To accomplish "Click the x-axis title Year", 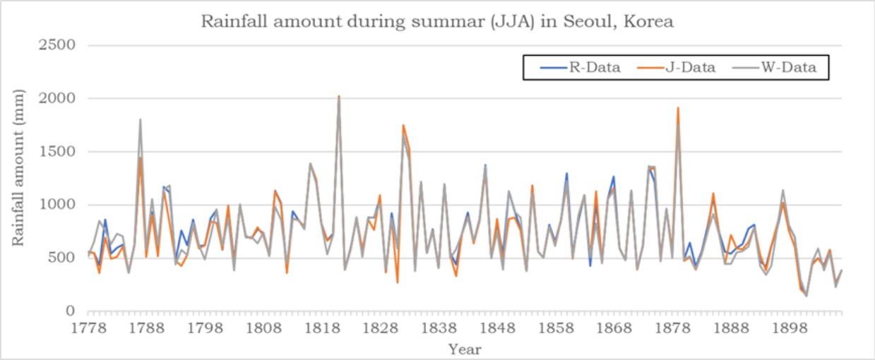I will pos(465,349).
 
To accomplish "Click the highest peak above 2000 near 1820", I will pos(339,96).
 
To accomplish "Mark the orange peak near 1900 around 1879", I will pos(678,108).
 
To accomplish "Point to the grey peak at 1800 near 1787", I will pos(140,120).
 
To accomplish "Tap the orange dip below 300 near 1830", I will pos(398,282).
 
